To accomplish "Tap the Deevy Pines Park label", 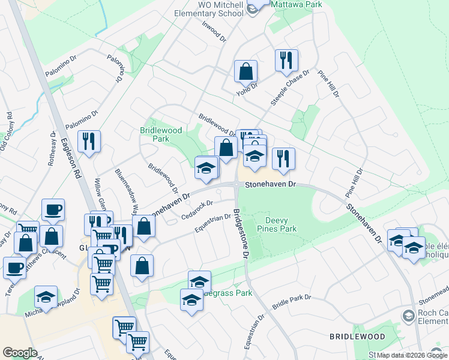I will click(x=277, y=224).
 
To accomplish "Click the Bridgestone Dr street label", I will click(x=240, y=233).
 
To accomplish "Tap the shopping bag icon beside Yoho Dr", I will click(x=246, y=71).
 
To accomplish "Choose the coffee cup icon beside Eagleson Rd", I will click(x=53, y=209).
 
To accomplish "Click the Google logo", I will click(x=20, y=353).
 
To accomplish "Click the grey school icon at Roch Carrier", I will click(x=409, y=315).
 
